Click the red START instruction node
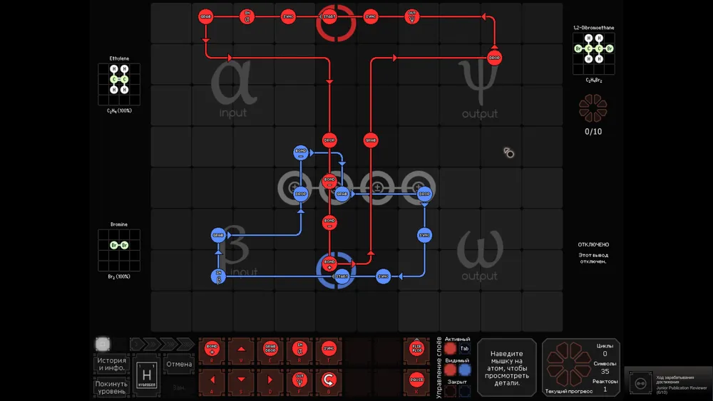[329, 16]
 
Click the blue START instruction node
[342, 276]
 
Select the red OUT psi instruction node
[411, 16]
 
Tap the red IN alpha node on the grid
[247, 16]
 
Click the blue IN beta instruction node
[218, 276]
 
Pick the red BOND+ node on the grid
[329, 264]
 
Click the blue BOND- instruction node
[300, 152]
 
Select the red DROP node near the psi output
[495, 57]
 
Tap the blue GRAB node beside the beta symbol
[218, 234]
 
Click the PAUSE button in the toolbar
[417, 379]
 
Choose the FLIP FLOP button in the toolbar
[417, 349]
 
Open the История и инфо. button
[112, 364]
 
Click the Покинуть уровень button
[112, 387]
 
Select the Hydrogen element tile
[147, 375]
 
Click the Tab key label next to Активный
[465, 349]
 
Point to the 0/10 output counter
[593, 131]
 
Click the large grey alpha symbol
[233, 84]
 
